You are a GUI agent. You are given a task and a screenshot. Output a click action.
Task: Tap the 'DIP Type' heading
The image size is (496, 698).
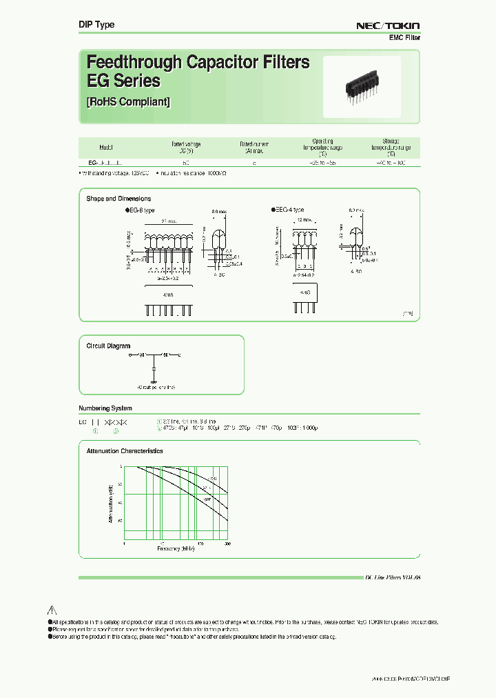click(96, 25)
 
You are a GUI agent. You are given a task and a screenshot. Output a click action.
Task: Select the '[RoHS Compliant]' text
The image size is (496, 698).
click(128, 102)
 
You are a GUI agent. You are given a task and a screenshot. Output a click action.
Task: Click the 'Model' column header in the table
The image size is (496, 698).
click(107, 148)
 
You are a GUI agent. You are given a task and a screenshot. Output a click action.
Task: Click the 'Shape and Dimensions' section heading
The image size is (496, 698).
click(118, 199)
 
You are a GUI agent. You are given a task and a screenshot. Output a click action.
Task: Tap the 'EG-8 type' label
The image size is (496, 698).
click(141, 210)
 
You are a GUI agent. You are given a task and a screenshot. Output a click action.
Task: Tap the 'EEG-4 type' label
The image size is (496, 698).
click(288, 210)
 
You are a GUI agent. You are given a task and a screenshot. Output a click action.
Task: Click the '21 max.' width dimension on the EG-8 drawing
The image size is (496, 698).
click(168, 221)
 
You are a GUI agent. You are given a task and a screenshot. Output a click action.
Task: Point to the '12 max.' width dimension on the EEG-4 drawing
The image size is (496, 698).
click(304, 219)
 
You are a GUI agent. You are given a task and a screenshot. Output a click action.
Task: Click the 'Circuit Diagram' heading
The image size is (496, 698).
click(108, 346)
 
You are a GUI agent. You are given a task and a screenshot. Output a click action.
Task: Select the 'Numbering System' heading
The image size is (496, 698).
click(105, 408)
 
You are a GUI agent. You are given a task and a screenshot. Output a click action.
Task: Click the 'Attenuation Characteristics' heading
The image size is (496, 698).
click(125, 450)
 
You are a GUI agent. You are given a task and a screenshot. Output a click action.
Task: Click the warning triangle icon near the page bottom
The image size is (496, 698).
click(52, 610)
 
